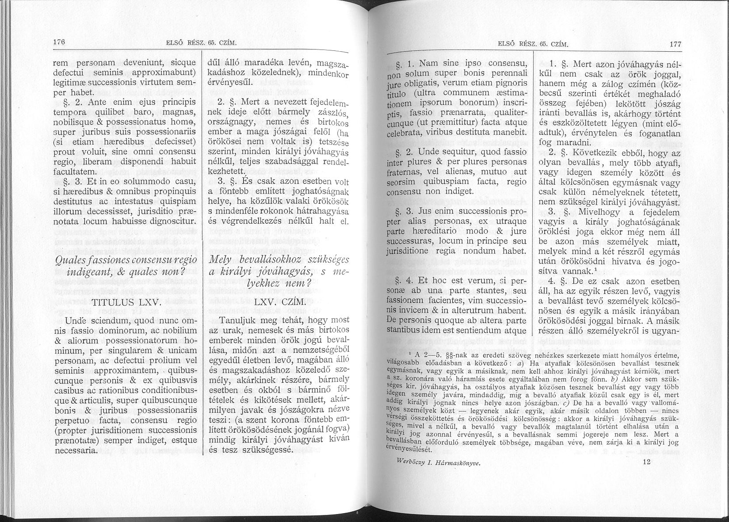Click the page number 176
pos(59,42)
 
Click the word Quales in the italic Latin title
pos(80,260)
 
